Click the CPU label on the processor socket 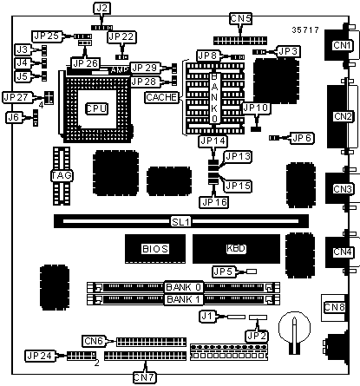point(97,108)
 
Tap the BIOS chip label point(155,249)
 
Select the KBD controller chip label point(236,248)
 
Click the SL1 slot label point(180,222)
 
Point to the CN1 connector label point(342,45)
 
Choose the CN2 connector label point(343,116)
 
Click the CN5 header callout point(241,18)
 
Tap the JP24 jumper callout point(40,356)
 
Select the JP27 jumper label point(16,97)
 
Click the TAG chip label point(62,175)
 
